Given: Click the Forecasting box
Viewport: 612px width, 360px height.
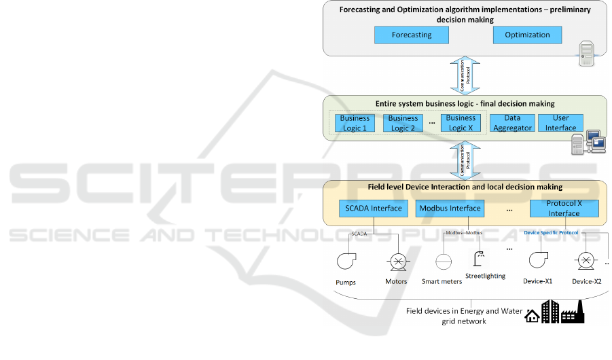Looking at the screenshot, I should click(x=412, y=35).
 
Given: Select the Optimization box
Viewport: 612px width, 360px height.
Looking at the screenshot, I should click(x=527, y=35).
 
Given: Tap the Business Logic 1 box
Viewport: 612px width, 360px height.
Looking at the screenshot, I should click(x=355, y=123).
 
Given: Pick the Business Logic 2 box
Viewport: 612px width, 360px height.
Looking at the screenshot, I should click(x=403, y=123).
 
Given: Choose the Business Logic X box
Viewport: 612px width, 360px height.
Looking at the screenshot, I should click(x=461, y=122).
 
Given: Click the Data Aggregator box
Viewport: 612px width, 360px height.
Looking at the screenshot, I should click(x=512, y=123).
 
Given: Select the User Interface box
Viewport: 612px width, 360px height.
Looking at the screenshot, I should click(x=560, y=123).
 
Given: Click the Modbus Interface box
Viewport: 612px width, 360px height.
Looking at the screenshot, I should click(x=450, y=209).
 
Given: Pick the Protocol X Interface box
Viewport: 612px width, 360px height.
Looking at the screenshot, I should click(x=564, y=209).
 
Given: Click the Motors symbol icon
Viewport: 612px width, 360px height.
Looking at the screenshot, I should click(x=396, y=262).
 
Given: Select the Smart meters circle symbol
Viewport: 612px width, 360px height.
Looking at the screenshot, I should click(x=443, y=262).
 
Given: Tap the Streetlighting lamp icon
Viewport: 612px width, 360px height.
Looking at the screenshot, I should click(x=479, y=259).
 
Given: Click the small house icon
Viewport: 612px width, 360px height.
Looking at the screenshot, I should click(x=532, y=316).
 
